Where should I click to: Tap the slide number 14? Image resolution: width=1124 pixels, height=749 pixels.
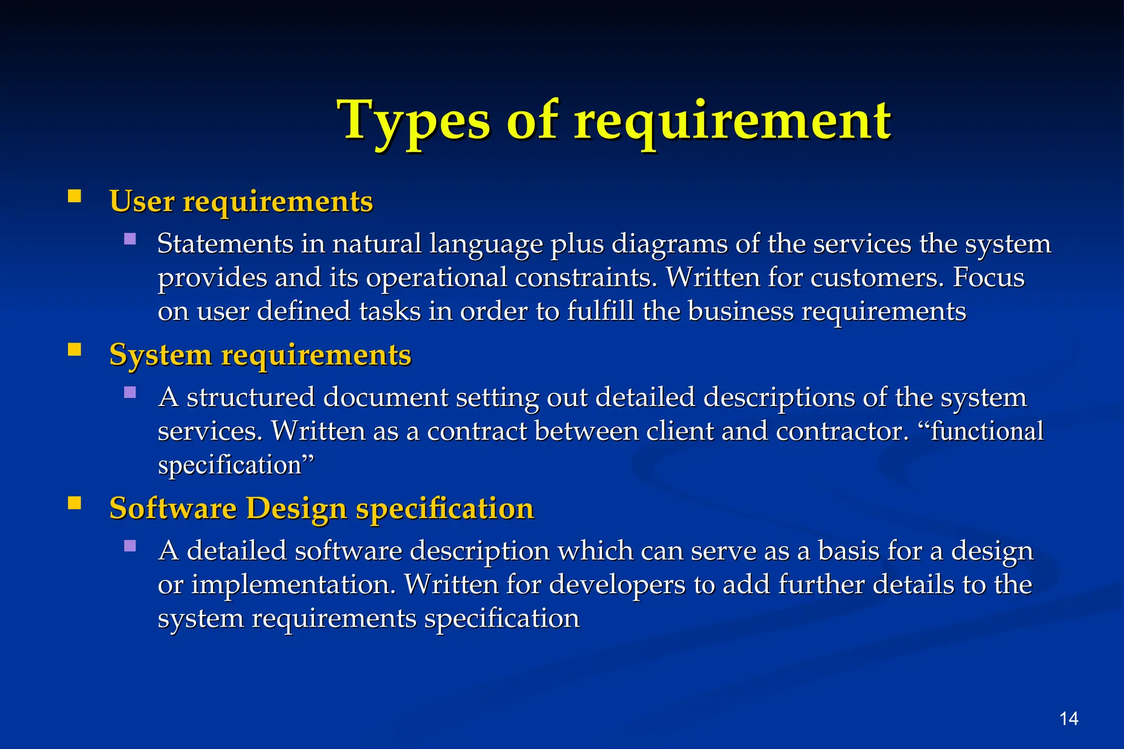click(x=1069, y=719)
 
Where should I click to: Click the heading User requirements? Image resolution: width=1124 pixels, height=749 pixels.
click(x=241, y=201)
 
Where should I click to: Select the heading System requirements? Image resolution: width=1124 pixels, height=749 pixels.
click(x=260, y=355)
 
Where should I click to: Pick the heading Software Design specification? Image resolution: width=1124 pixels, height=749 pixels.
click(x=321, y=509)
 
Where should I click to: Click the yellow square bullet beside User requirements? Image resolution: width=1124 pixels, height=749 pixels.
click(x=75, y=196)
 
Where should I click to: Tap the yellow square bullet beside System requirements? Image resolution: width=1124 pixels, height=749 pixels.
click(x=75, y=350)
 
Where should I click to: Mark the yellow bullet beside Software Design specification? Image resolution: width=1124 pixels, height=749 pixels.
click(x=75, y=503)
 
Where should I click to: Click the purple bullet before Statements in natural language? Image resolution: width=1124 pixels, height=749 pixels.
click(x=130, y=239)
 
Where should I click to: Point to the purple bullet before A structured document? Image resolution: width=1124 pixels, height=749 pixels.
click(x=130, y=392)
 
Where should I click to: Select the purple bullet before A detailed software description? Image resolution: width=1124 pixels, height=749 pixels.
click(x=130, y=546)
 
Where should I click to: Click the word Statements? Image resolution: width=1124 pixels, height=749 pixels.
click(x=225, y=244)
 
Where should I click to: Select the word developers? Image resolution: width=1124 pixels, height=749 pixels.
click(x=617, y=585)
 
